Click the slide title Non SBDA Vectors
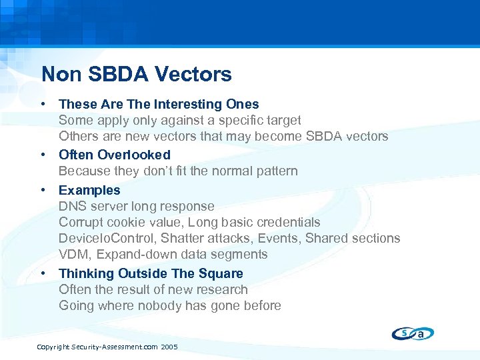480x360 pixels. pos(136,74)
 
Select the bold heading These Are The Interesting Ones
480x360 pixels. pos(159,104)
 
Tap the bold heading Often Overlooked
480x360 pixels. pos(115,155)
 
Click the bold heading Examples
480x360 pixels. pos(89,190)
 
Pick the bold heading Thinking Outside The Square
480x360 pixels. pos(151,273)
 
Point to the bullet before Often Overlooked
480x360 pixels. pos(43,155)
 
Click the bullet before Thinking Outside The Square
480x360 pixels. pos(43,273)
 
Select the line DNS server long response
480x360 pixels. pos(137,206)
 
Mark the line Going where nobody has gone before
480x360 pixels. pos(170,305)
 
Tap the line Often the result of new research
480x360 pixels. pos(153,289)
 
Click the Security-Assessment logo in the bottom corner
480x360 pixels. pos(413,333)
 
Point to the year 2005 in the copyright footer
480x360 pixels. pos(169,347)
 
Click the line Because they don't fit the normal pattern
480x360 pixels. pos(178,171)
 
